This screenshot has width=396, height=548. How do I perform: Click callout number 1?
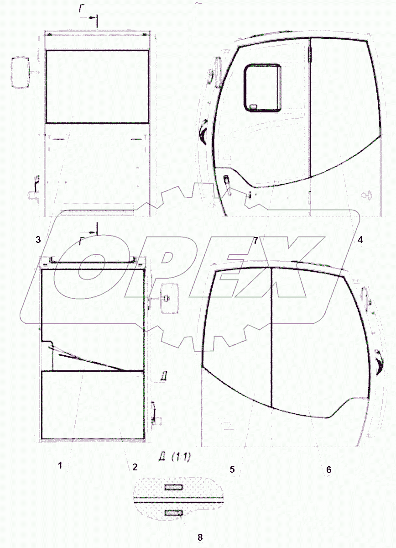pos(60,465)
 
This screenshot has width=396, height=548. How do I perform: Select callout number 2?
pos(135,467)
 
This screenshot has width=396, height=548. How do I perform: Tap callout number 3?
pos(38,239)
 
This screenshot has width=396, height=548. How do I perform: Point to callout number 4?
pos(360,240)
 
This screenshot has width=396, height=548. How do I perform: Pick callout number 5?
pos(232,469)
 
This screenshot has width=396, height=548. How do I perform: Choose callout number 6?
pos(329,469)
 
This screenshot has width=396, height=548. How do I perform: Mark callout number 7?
pos(255,241)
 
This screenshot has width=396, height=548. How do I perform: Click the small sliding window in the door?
pos(262,88)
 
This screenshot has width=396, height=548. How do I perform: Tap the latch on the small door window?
pos(253,106)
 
